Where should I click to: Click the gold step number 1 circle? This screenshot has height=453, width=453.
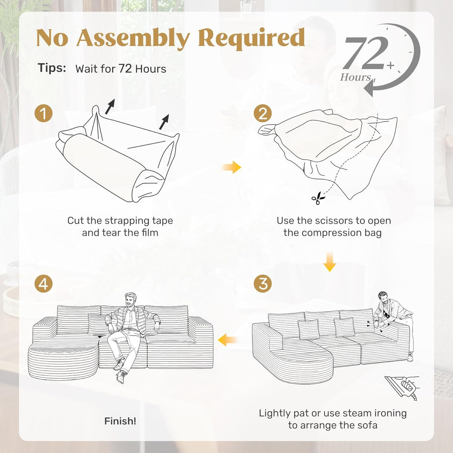43,113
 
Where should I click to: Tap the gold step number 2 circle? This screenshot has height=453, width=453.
263,113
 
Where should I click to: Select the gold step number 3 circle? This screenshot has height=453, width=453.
263,284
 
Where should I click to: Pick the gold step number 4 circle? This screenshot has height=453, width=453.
43,284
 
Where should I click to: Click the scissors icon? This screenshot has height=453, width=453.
318,198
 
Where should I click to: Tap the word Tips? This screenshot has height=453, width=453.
52,68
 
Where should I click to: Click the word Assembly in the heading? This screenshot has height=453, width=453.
133,38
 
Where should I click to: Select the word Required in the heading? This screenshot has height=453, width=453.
251,38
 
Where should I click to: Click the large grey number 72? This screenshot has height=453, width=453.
365,53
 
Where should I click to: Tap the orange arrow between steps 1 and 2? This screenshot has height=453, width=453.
231,167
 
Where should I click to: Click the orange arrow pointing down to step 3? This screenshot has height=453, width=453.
330,262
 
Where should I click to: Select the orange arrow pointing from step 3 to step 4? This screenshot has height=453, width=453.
228,340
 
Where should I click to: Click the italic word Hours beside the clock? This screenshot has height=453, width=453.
355,77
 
